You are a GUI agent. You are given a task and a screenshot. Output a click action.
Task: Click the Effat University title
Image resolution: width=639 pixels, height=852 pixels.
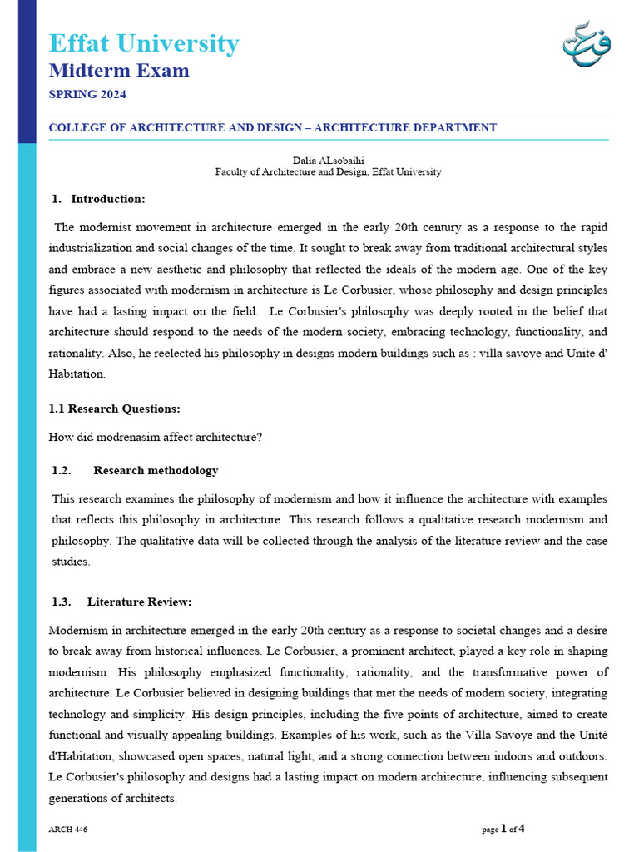pos(144,43)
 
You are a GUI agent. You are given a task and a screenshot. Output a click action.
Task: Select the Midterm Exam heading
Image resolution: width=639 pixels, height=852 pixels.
pos(119,71)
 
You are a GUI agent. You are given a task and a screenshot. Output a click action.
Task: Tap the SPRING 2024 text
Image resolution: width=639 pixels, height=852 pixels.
pos(87,95)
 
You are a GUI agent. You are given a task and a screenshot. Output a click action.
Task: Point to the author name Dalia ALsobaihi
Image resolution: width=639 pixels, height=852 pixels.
pos(328,160)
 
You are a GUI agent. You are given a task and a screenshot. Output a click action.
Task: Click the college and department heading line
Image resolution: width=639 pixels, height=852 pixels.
pos(273,128)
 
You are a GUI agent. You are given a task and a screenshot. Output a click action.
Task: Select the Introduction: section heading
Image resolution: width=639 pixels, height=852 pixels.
pos(107,199)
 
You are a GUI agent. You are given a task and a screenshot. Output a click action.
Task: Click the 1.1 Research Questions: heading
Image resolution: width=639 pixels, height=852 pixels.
pos(115,409)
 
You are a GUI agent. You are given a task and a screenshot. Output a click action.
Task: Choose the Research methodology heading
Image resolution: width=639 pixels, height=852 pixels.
pos(156,471)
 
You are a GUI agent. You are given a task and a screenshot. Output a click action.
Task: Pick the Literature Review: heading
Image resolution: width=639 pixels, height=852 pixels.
pos(139,602)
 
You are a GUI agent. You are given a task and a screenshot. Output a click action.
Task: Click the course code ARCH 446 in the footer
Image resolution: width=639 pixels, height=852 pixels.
pos(68,830)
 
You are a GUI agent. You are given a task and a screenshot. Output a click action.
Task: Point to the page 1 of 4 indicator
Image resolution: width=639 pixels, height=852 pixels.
pos(503,829)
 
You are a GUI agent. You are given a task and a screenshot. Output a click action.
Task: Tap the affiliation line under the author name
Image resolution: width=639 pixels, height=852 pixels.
pos(328,172)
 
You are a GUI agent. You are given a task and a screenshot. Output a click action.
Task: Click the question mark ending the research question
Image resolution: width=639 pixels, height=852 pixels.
pos(260,437)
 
